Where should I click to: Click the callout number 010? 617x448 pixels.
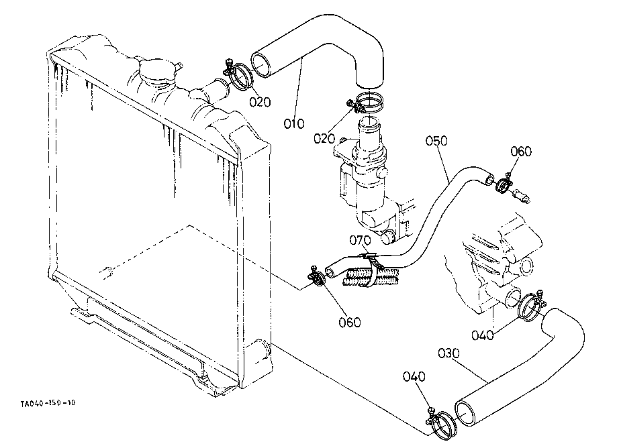tap(294, 124)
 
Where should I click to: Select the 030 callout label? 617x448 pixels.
tap(448, 353)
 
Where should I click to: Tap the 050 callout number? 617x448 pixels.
tap(436, 140)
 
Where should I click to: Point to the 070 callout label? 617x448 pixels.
tap(360, 239)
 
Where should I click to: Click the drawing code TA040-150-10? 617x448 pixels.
tap(48, 403)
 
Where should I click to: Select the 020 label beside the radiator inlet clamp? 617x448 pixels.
tap(260, 102)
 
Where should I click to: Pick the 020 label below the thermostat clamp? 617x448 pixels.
tap(324, 138)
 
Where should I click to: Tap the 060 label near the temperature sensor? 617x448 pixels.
tap(521, 152)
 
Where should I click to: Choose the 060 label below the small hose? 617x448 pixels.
tap(349, 322)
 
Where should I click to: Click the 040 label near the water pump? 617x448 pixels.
tap(483, 335)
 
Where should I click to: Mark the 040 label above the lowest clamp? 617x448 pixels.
tap(414, 376)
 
